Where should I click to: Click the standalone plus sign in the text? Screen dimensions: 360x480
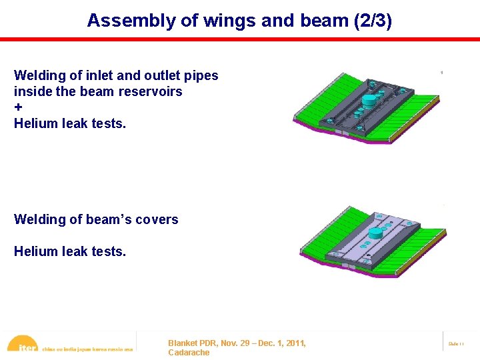pos(18,107)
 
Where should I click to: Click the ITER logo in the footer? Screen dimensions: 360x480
pos(23,345)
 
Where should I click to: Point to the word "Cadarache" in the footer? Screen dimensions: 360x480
pos(189,353)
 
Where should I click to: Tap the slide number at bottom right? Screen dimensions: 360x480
pos(456,343)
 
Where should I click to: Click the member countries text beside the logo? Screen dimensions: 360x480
pos(87,349)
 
